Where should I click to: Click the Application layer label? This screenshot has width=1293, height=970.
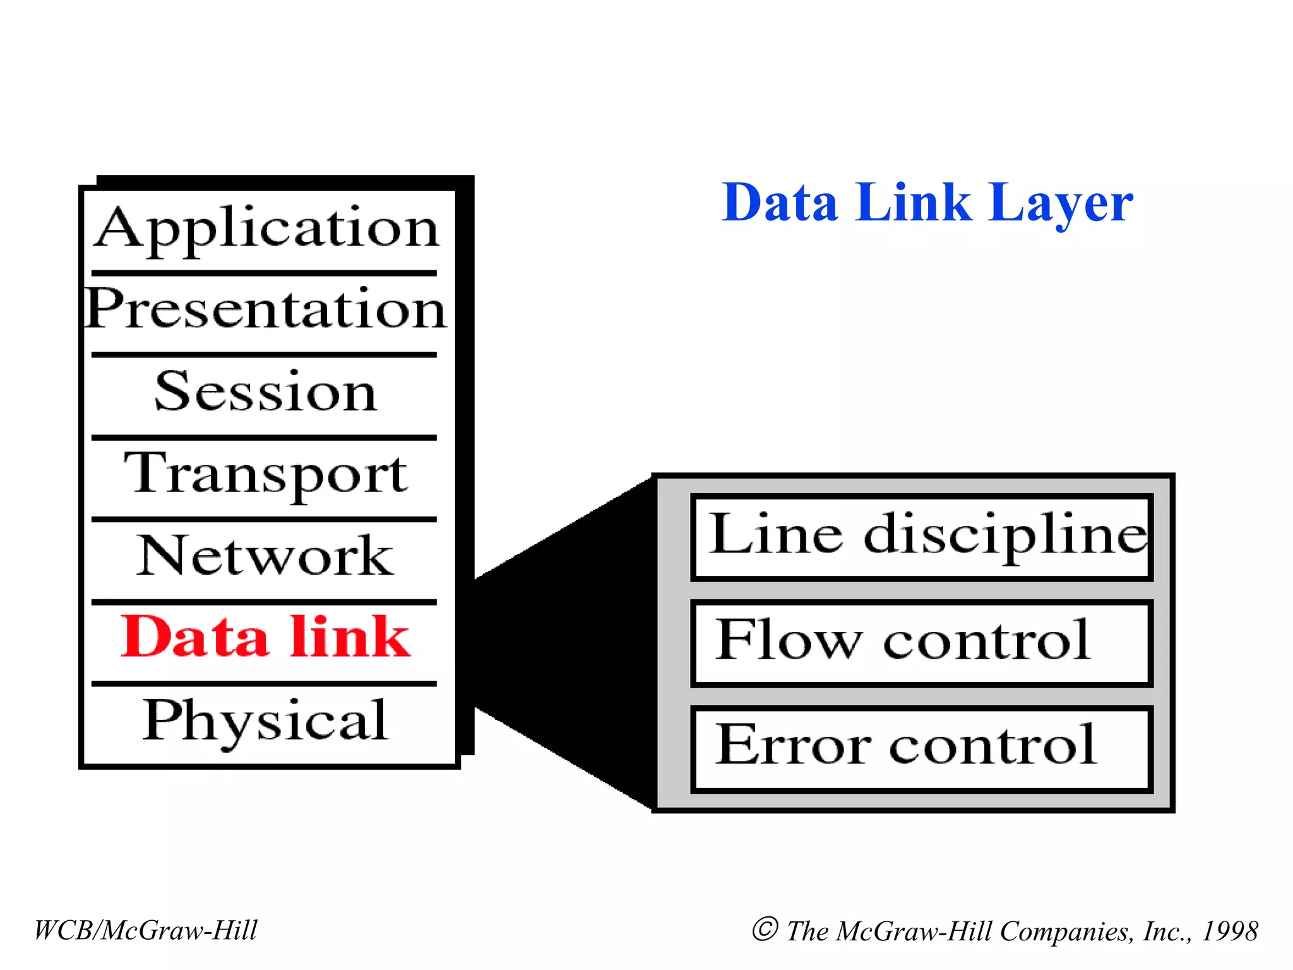(266, 229)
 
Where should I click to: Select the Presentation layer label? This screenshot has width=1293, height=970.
(266, 309)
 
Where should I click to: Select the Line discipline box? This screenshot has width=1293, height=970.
(922, 537)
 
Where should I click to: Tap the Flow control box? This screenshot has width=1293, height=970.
(922, 643)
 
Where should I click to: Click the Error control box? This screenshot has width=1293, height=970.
(922, 748)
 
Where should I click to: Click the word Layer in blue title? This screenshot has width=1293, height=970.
(1061, 203)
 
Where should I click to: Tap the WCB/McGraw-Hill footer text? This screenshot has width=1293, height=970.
(146, 930)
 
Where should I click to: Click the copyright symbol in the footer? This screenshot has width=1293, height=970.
(765, 929)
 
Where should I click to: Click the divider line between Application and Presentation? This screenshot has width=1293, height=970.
(264, 273)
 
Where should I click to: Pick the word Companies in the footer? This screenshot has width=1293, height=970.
(1066, 931)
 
